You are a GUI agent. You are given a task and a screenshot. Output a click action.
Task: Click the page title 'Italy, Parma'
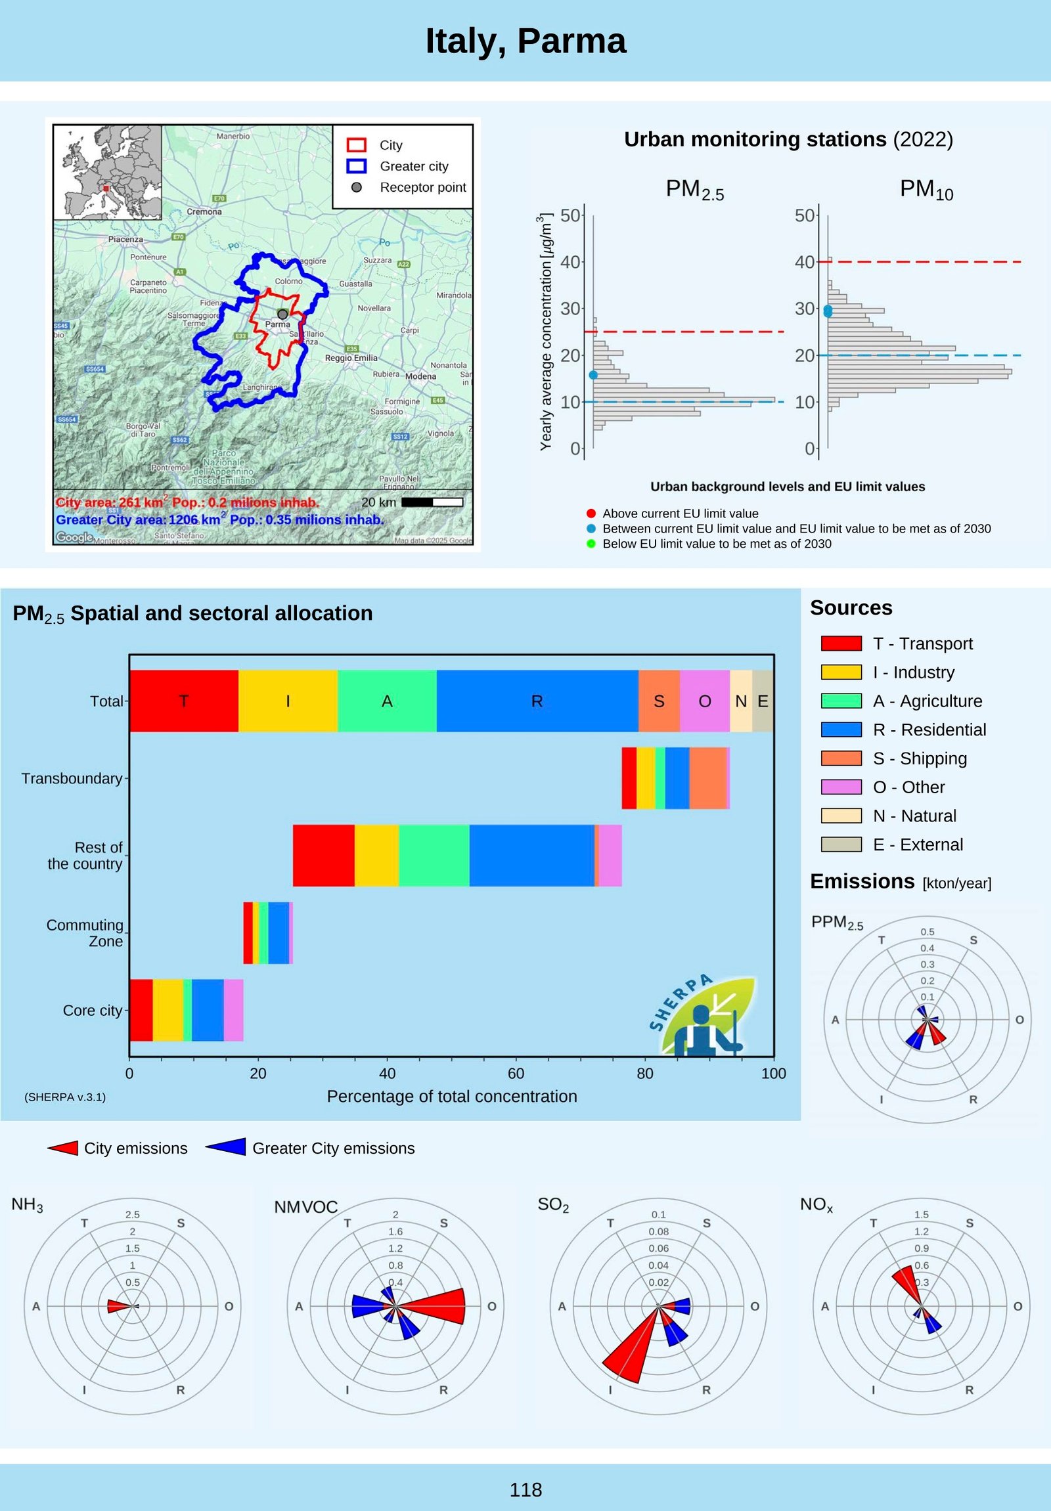click(x=525, y=41)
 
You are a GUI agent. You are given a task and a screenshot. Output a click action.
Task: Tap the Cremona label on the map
click(x=204, y=212)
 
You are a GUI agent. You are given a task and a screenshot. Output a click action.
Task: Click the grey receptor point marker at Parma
click(x=282, y=315)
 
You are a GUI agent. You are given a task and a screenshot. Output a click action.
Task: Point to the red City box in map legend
click(x=356, y=144)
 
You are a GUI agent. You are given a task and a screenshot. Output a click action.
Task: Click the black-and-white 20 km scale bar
click(x=432, y=502)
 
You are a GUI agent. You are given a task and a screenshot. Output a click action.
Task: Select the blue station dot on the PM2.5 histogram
click(x=593, y=375)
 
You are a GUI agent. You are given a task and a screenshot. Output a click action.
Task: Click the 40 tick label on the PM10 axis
click(x=804, y=262)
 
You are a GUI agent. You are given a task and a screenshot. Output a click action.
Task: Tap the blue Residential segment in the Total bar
click(x=537, y=701)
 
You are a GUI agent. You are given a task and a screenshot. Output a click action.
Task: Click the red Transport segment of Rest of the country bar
click(x=323, y=855)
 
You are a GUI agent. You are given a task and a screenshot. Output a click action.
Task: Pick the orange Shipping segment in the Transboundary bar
click(x=707, y=778)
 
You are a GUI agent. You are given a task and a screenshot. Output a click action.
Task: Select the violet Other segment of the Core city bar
click(x=233, y=1010)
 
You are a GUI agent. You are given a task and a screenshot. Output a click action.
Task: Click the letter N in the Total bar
click(x=741, y=701)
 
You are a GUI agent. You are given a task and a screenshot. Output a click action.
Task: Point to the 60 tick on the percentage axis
click(x=516, y=1074)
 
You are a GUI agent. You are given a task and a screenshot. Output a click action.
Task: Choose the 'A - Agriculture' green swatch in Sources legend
click(x=841, y=701)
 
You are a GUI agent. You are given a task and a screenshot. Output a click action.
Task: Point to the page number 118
click(x=525, y=1489)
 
